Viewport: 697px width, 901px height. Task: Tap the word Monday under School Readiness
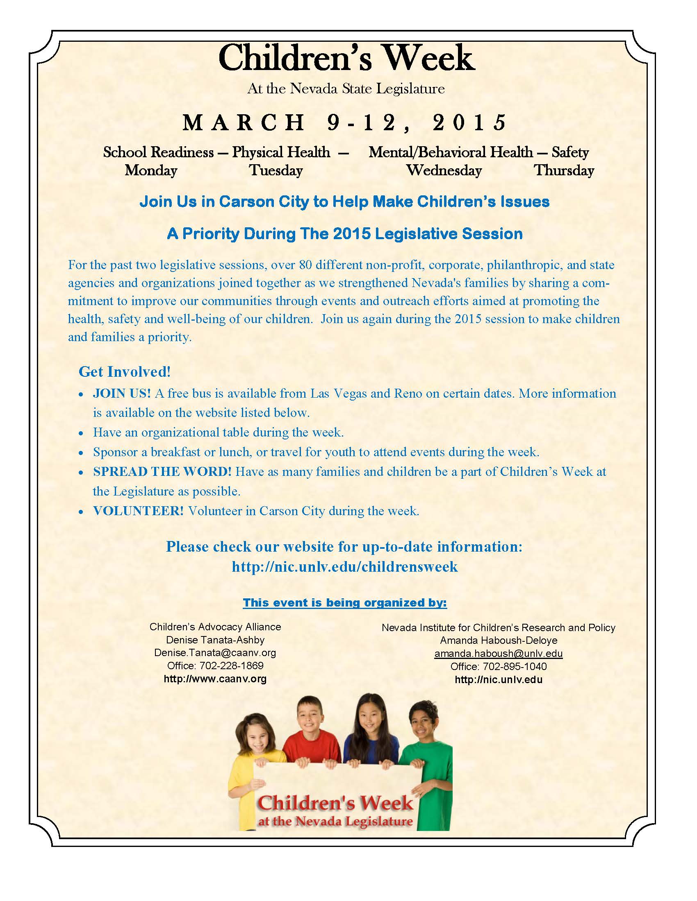(151, 170)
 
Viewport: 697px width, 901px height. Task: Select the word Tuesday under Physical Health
(276, 170)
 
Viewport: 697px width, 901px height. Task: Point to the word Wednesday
(444, 170)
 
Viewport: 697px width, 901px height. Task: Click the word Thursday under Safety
(564, 170)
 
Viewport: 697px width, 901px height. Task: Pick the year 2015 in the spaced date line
(469, 122)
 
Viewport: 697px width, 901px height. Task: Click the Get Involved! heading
(124, 372)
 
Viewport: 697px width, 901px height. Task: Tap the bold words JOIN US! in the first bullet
(122, 393)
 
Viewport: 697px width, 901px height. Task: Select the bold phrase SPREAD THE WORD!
(162, 471)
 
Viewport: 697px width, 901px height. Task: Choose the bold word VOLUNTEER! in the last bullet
(138, 511)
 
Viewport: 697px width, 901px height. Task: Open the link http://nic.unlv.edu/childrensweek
(345, 566)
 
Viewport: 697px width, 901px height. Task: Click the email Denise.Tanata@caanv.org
(215, 653)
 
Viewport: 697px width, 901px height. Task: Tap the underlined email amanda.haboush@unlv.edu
(499, 654)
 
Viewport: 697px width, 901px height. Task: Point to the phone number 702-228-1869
(231, 666)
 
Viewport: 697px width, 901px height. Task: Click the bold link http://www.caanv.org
(215, 679)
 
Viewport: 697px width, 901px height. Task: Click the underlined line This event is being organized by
(345, 603)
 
